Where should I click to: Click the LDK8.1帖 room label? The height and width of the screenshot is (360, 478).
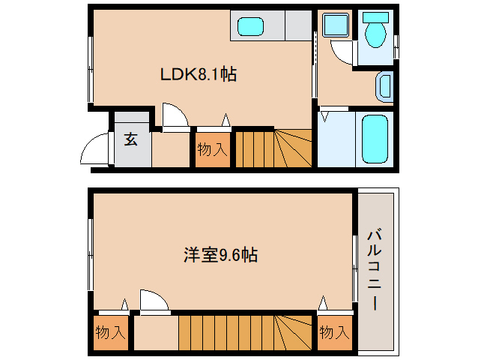click(x=199, y=74)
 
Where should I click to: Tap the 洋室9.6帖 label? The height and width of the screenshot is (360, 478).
click(x=220, y=255)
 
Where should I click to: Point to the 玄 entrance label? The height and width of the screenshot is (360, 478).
click(x=131, y=139)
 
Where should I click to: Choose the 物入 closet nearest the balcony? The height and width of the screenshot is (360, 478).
click(x=333, y=331)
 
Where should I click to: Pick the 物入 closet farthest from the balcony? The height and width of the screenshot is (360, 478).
click(x=110, y=332)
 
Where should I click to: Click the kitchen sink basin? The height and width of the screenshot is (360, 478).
click(x=252, y=28)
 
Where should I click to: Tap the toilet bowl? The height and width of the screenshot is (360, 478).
click(x=373, y=32)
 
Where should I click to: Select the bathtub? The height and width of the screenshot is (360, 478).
click(x=373, y=139)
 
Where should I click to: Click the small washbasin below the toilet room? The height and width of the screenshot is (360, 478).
click(x=384, y=88)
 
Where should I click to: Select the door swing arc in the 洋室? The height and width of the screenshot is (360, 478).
click(x=154, y=301)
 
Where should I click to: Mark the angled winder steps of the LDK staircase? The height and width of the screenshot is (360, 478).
click(x=292, y=148)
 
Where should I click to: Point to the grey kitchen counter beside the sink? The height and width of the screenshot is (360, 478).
click(x=296, y=28)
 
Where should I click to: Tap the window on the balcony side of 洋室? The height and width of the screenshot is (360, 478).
click(x=355, y=259)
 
